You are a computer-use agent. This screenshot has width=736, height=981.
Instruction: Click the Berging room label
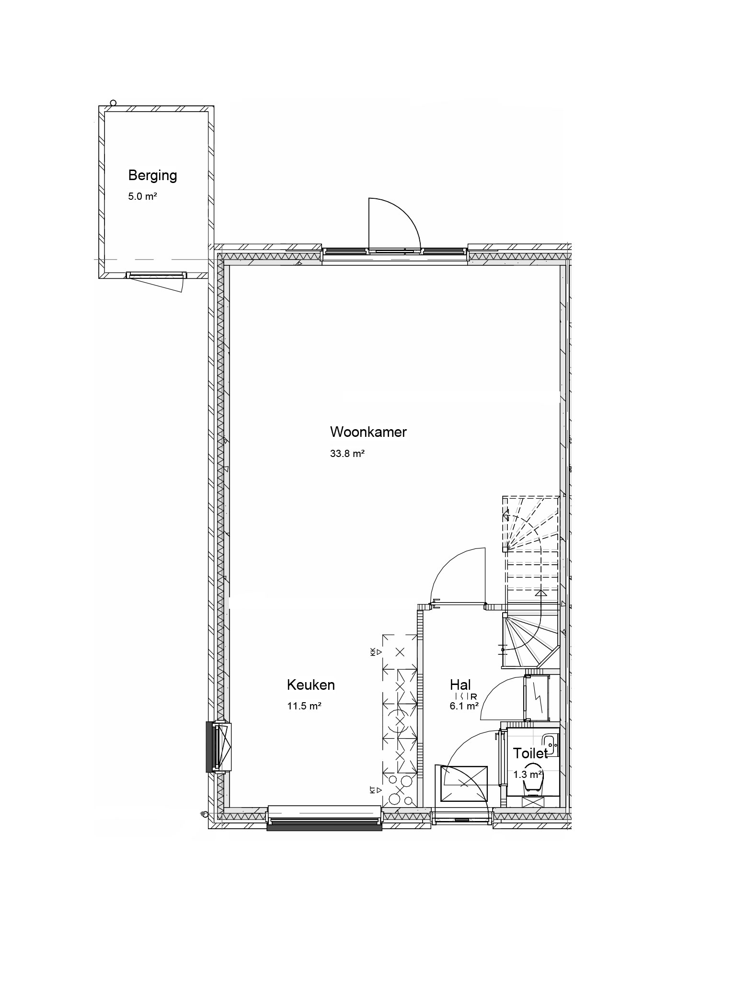click(x=152, y=176)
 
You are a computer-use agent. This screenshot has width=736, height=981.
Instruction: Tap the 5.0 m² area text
click(x=143, y=196)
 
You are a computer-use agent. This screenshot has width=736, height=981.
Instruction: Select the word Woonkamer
click(x=368, y=432)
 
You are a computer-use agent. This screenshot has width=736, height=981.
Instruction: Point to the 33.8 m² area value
click(x=347, y=453)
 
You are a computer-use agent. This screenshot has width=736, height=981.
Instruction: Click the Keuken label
click(x=310, y=685)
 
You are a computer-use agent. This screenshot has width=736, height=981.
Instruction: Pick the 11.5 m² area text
click(x=304, y=706)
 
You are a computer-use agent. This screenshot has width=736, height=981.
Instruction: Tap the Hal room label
click(x=460, y=684)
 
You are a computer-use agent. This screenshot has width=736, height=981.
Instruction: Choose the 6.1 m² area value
click(x=464, y=706)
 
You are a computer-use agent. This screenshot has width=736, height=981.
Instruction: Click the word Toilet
click(x=530, y=753)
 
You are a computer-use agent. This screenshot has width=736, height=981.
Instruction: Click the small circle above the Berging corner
click(x=114, y=103)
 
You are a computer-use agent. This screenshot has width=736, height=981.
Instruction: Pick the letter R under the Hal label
click(x=473, y=696)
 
